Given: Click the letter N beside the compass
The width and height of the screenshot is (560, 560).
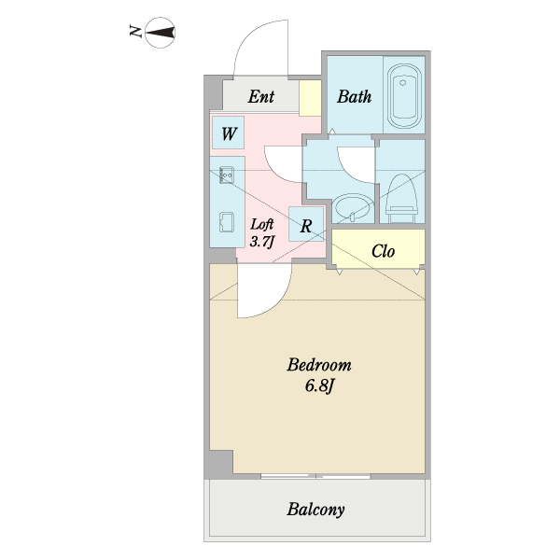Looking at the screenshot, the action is click(x=135, y=31).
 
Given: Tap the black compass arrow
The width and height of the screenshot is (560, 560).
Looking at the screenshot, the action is click(x=161, y=33).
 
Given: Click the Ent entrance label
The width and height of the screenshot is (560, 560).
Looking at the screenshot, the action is click(x=261, y=96).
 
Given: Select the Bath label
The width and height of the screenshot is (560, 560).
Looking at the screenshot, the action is click(x=355, y=96).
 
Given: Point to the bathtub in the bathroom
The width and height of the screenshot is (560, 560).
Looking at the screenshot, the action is click(x=404, y=96).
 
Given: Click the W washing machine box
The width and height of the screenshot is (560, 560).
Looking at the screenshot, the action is click(x=229, y=133).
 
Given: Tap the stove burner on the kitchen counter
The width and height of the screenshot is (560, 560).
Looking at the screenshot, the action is click(x=227, y=175).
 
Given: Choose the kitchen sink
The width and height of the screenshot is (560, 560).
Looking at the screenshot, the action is click(x=227, y=222).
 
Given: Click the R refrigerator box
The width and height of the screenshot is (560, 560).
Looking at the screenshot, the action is click(x=306, y=224).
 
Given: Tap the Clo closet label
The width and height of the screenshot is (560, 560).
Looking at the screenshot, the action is click(x=383, y=251).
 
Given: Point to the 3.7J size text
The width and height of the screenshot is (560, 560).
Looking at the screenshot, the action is click(x=261, y=242).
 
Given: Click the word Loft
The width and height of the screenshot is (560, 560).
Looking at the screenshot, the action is click(x=261, y=224).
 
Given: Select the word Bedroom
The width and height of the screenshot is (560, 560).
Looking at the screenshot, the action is click(x=319, y=365).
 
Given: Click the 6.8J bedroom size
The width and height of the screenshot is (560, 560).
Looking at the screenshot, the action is click(x=319, y=385).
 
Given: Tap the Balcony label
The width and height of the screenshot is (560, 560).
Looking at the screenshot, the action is click(x=315, y=510).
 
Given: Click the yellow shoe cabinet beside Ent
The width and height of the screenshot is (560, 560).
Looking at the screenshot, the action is click(x=310, y=98).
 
